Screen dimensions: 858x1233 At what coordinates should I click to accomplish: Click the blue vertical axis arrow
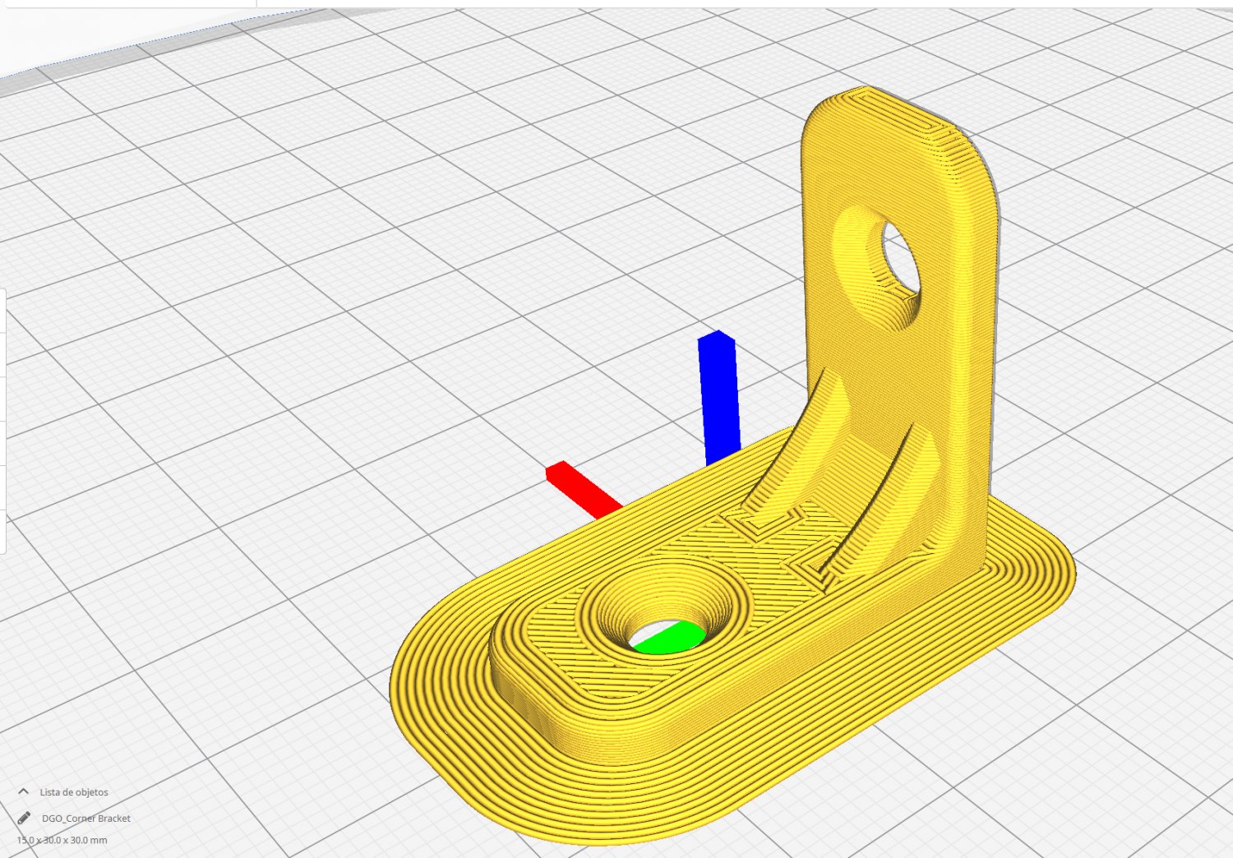(x=719, y=399)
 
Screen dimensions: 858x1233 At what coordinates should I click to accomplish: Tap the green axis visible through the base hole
(x=670, y=638)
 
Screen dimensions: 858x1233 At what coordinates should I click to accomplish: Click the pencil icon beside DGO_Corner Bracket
(x=25, y=818)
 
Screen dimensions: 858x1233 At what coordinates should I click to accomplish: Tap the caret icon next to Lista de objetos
(x=24, y=791)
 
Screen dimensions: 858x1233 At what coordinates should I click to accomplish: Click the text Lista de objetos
(x=74, y=792)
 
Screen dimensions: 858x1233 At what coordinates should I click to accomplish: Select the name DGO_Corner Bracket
(x=86, y=819)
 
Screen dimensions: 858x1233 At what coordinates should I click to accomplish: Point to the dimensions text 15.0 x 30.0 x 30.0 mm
(x=62, y=840)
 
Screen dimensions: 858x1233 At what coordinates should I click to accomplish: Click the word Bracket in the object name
(x=114, y=819)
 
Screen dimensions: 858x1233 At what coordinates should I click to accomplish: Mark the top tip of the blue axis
(x=717, y=334)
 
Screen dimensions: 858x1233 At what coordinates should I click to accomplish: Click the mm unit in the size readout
(x=99, y=840)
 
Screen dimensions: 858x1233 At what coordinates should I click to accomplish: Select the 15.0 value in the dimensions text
(x=25, y=840)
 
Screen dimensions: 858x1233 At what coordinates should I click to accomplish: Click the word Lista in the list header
(x=49, y=792)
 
